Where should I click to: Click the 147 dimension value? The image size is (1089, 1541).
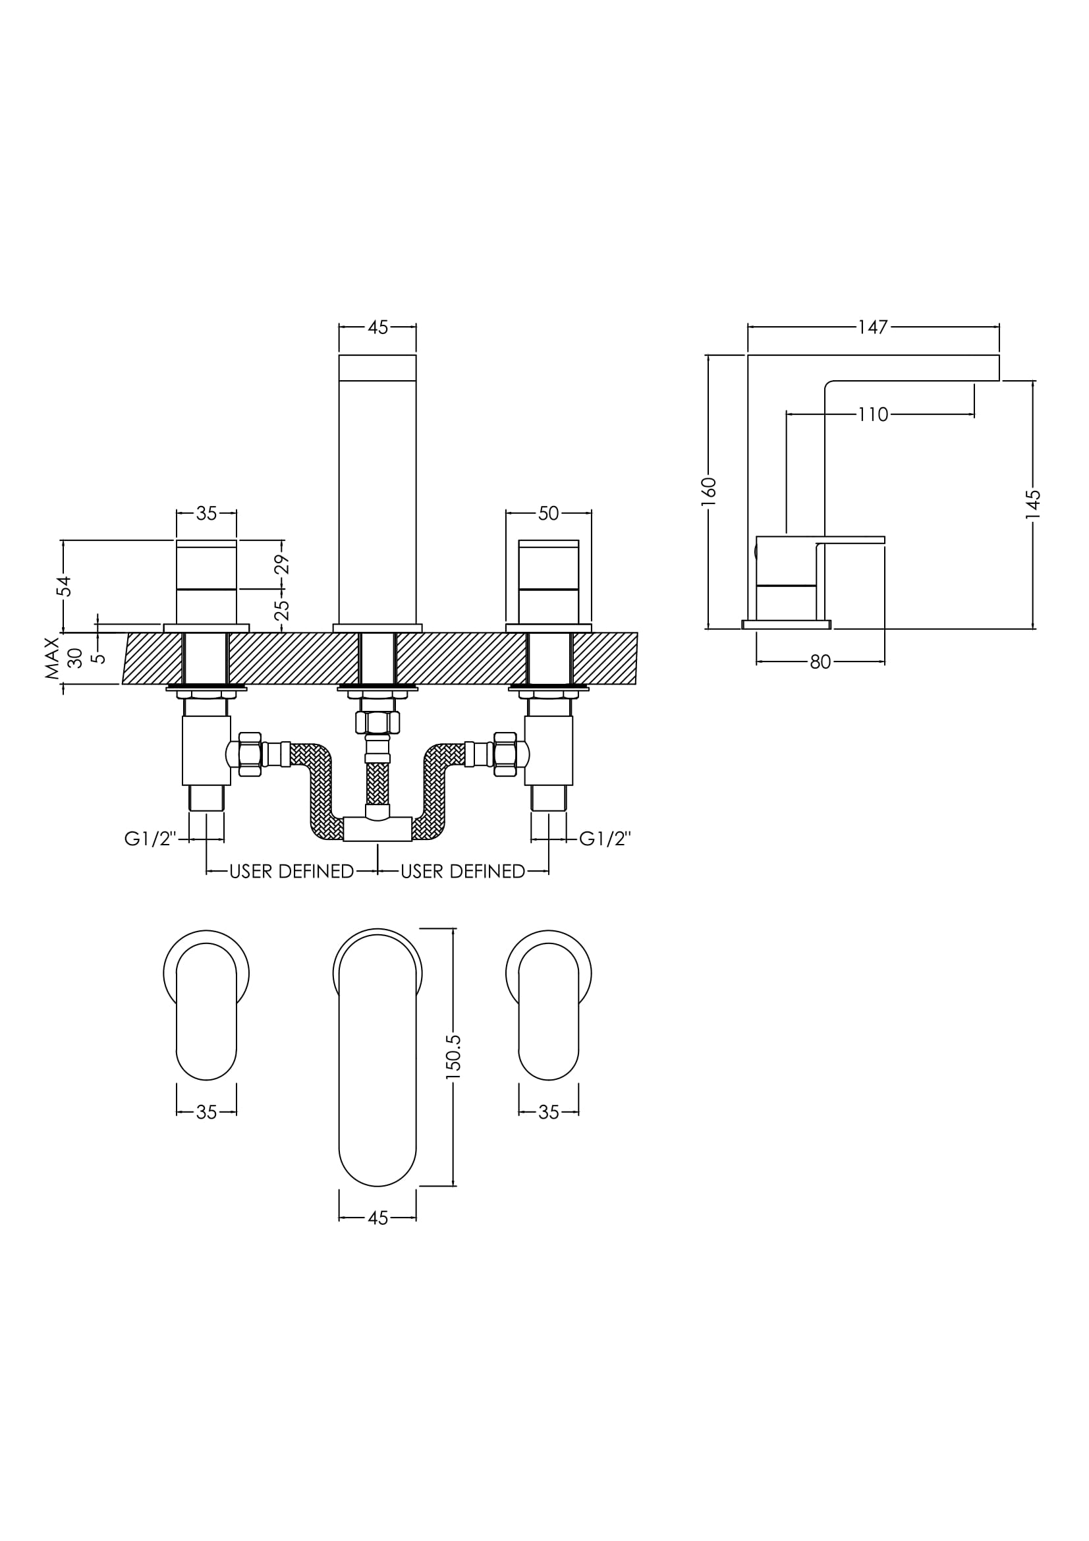(873, 327)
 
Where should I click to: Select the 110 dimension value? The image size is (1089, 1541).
(873, 415)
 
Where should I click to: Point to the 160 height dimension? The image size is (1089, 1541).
(709, 491)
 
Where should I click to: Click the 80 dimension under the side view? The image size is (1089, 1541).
(820, 662)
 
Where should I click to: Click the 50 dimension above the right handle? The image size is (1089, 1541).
(548, 513)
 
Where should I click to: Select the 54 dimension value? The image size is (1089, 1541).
(64, 586)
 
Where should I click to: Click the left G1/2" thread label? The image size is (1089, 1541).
(150, 838)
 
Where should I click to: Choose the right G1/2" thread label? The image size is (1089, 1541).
(605, 838)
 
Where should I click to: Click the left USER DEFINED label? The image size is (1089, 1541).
(291, 871)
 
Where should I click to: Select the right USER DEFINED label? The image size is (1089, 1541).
(463, 871)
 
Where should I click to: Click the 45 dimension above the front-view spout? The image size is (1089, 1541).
(377, 327)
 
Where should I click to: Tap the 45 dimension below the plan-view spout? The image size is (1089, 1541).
(377, 1218)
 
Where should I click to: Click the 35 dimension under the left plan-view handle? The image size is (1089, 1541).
(207, 1112)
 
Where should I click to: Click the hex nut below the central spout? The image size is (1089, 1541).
(377, 722)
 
